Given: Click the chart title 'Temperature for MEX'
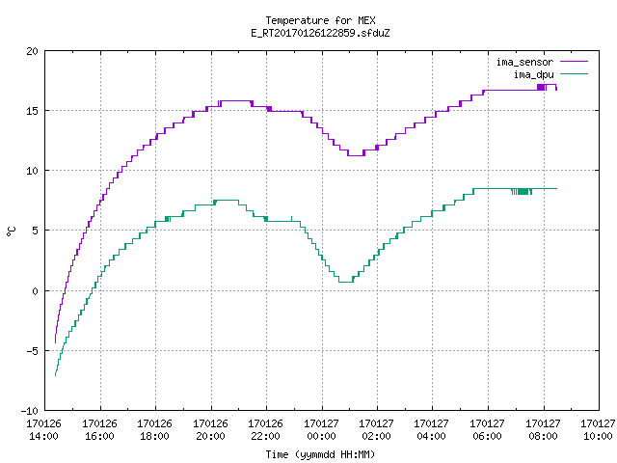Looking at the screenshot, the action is click(320, 20).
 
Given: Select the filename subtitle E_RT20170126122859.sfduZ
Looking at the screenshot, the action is click(320, 33).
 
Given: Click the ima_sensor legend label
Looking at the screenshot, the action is click(524, 62).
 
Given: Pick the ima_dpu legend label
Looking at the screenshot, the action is click(533, 74).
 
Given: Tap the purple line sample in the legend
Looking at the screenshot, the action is click(574, 62).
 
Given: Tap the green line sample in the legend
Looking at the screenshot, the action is click(574, 74).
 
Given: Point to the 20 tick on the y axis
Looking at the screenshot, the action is click(32, 51).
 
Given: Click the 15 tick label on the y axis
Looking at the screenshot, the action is click(32, 111).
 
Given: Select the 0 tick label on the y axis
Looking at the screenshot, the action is click(35, 291).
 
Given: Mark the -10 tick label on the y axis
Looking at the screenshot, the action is click(30, 411).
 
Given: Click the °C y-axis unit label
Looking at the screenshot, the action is click(12, 231).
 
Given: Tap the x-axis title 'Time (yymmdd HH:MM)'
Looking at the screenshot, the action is click(320, 454).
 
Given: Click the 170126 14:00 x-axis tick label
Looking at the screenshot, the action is click(44, 430).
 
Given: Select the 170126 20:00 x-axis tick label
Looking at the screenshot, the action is click(210, 430).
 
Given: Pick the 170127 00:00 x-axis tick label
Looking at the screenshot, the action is click(321, 430).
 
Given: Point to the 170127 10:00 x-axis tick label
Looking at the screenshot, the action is click(598, 430).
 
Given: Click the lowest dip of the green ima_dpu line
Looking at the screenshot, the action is click(346, 282).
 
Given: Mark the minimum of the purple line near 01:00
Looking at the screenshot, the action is click(356, 155).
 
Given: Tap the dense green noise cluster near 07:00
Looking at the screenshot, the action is click(522, 192).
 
